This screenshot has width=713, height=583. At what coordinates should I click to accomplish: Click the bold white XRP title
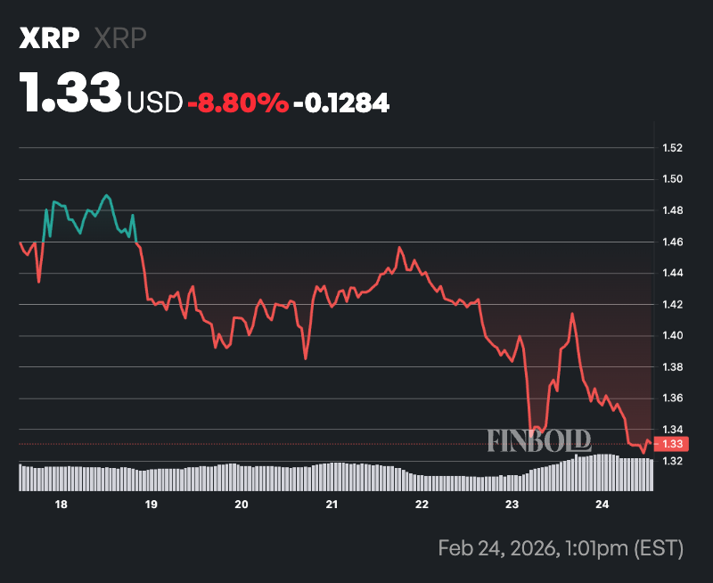coord(50,38)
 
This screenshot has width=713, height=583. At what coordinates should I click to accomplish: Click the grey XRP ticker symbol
coord(119,38)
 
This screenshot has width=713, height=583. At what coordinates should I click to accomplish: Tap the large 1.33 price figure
coord(70,93)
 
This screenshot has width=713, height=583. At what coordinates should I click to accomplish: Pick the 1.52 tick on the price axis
coord(673,147)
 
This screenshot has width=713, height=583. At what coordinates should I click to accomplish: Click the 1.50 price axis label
coord(673,179)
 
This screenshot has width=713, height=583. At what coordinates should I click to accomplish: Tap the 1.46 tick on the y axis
coord(673,242)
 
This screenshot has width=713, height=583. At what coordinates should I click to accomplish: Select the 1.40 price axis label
coord(673,336)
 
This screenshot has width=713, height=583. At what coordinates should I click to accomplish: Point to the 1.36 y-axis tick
coord(673,398)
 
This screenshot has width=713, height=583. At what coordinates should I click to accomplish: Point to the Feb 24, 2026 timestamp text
coord(560,546)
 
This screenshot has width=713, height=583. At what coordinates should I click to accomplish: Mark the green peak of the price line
coord(107,194)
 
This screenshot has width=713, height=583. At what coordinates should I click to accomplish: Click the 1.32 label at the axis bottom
coord(673,461)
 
